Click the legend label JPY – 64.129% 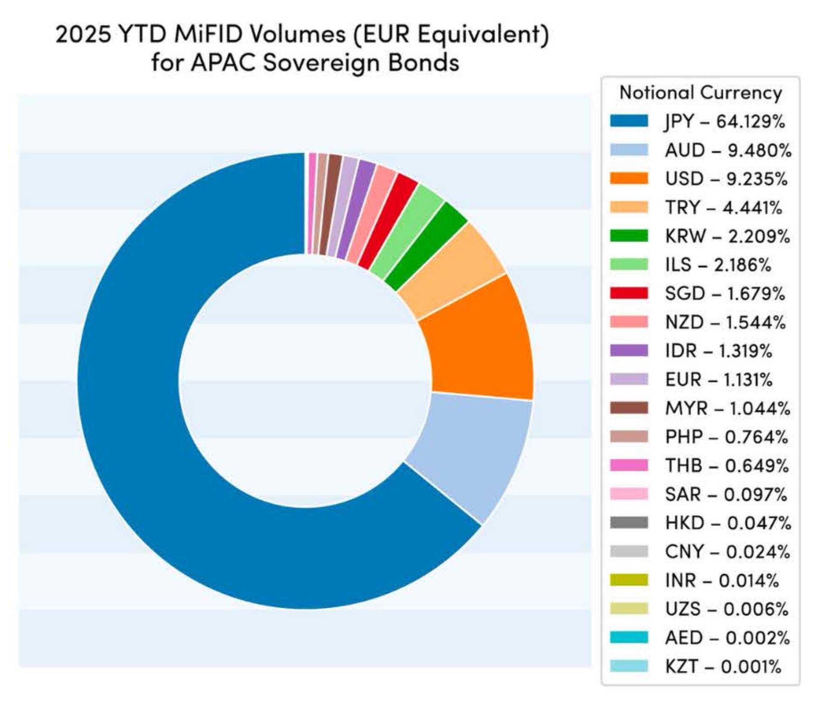pos(725,121)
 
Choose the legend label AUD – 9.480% pos(728,150)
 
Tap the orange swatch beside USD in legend pos(629,179)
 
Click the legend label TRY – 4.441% pos(723,208)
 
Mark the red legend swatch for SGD pos(629,293)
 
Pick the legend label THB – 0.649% pos(727,466)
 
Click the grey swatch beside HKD pos(629,523)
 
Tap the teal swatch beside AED pos(629,638)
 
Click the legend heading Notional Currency pos(700,93)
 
